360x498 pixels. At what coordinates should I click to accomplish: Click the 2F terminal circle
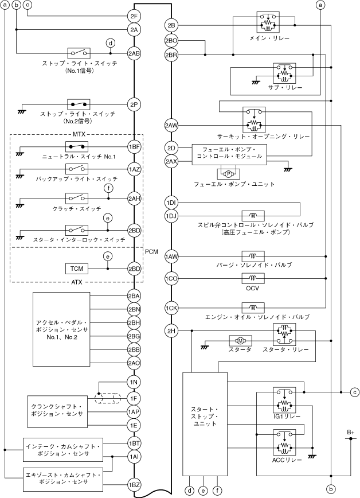134,16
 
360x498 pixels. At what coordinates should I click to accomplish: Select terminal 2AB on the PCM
134,53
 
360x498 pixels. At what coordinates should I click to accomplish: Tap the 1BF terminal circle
134,147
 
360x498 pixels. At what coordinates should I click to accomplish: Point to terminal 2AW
171,125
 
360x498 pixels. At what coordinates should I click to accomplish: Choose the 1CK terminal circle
171,308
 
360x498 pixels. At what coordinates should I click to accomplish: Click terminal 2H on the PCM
171,330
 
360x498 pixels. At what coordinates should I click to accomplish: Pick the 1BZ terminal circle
134,485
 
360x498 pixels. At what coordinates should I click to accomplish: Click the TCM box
76,269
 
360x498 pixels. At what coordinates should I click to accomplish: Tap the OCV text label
253,288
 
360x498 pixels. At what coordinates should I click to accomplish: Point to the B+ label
350,431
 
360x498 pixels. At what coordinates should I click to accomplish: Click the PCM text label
151,251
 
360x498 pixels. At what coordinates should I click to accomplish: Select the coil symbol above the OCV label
253,278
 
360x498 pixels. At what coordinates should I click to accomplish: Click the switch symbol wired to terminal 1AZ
77,169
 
